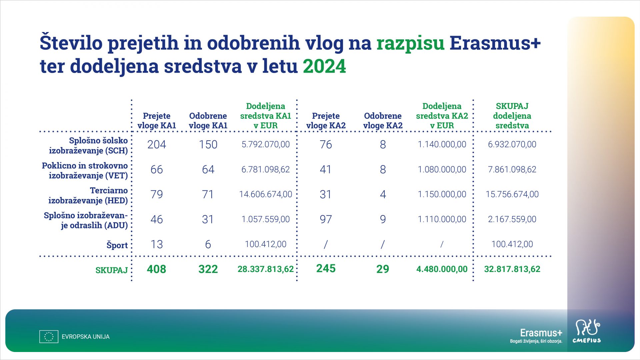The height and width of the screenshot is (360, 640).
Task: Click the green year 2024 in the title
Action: (324, 66)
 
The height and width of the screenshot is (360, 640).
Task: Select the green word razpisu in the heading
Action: (410, 43)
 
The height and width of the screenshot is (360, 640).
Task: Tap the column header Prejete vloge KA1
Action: (157, 121)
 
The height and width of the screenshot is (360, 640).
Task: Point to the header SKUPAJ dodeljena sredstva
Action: (512, 116)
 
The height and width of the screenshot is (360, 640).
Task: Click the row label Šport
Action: (117, 245)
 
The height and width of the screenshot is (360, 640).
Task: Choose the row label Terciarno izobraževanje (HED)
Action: (88, 195)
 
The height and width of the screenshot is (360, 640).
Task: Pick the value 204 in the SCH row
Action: (157, 144)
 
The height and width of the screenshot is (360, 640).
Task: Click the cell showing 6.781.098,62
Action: (266, 169)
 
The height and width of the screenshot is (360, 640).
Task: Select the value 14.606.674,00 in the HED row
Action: (266, 194)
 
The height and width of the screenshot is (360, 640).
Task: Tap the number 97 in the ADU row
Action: (326, 219)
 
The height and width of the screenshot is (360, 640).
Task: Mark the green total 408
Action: (157, 269)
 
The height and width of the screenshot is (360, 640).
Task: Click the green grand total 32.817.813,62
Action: (512, 269)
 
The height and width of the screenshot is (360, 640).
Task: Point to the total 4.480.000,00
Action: (442, 269)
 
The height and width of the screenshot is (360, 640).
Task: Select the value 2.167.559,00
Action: (512, 219)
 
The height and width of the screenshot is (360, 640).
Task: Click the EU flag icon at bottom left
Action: (49, 337)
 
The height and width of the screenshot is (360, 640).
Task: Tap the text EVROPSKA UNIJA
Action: (86, 337)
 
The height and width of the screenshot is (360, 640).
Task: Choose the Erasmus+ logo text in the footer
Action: (541, 333)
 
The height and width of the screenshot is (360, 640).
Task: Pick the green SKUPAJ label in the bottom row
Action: (112, 270)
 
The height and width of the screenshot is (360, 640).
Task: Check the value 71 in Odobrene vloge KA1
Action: (208, 194)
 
